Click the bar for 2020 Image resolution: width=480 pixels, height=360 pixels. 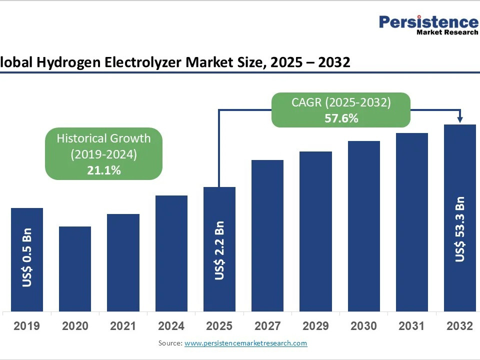point(75,269)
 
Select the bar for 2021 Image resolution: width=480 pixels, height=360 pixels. point(123,262)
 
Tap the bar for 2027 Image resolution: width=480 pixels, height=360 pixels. point(267,235)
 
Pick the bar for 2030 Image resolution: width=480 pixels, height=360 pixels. point(364,226)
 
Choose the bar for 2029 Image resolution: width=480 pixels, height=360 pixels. point(315,231)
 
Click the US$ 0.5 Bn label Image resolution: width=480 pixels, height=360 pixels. point(27,257)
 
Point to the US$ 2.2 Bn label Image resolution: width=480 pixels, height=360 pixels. point(219,250)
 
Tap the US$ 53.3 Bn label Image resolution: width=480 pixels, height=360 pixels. point(460,229)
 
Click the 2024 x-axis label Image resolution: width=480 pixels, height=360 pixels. point(171,326)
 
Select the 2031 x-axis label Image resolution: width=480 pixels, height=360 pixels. point(411,326)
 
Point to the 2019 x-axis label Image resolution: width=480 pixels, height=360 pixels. point(27,326)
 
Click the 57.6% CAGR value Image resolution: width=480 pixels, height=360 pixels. point(341,118)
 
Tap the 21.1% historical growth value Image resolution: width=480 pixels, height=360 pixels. point(104,170)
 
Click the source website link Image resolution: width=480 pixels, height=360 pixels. point(246,343)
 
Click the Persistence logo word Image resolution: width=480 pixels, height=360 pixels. point(429,22)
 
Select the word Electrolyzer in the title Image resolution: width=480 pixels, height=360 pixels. point(143,62)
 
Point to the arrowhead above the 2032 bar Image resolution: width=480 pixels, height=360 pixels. point(460,119)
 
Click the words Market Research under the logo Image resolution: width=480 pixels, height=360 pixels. point(447,32)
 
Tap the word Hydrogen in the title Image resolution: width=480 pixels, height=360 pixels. point(68,63)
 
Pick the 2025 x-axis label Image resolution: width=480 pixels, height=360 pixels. point(219,326)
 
